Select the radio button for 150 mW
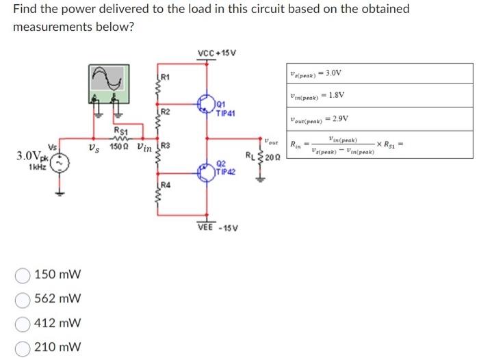tap(24, 276)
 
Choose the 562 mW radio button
tap(24, 299)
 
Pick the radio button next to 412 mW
tap(24, 323)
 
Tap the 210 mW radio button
tap(24, 346)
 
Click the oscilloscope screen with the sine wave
tap(108, 80)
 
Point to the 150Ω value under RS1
tap(120, 147)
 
